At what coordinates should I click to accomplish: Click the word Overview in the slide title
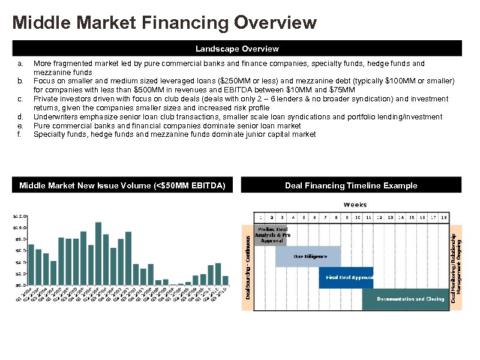click(275, 23)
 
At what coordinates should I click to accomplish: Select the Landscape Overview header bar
click(237, 49)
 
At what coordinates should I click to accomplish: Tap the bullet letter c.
click(20, 99)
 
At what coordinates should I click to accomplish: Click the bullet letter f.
click(19, 134)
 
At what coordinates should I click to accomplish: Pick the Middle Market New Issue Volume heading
click(122, 185)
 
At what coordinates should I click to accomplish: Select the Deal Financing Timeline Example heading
click(351, 185)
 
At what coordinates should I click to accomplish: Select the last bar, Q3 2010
click(226, 280)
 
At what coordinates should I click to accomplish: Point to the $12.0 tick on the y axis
click(20, 216)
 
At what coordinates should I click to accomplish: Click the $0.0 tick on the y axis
click(20, 285)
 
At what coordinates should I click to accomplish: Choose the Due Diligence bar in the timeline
click(308, 256)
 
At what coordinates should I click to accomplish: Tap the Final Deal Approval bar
click(346, 277)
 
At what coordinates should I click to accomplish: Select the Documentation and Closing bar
click(406, 299)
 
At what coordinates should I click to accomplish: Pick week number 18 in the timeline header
click(443, 217)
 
